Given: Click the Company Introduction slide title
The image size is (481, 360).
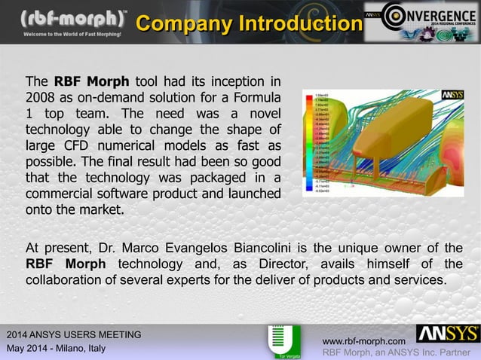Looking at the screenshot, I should [x=248, y=24].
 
